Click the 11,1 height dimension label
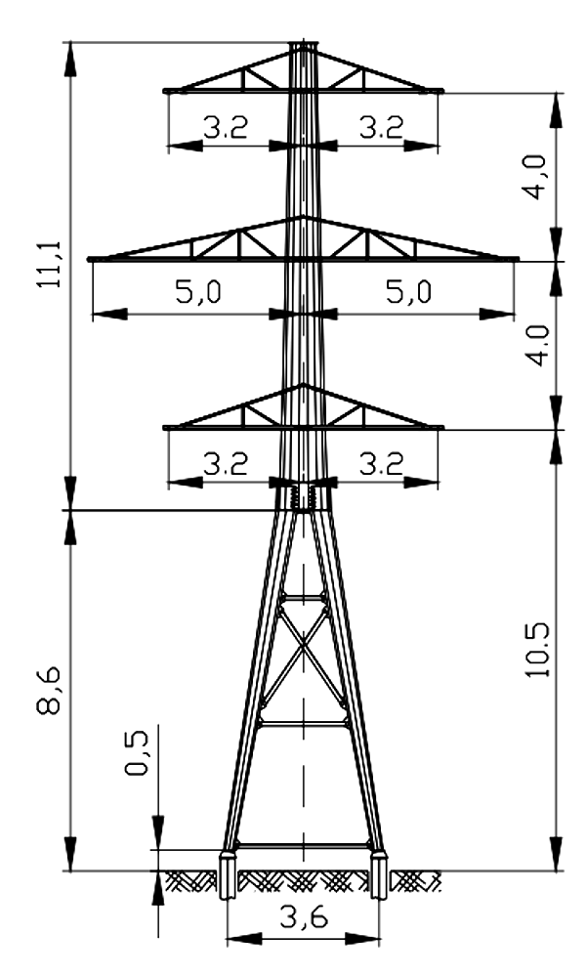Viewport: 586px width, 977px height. point(50,264)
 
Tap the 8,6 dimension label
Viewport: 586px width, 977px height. point(50,690)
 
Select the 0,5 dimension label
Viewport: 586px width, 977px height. point(137,752)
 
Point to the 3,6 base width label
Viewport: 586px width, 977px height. point(304,916)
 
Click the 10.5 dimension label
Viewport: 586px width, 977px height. point(537,650)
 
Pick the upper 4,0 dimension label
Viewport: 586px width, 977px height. point(536,176)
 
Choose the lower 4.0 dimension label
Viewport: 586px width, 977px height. point(537,345)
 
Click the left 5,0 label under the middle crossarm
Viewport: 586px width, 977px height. point(198,291)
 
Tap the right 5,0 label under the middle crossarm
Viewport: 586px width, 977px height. point(408,291)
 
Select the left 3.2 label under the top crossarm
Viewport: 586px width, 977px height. point(226,127)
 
